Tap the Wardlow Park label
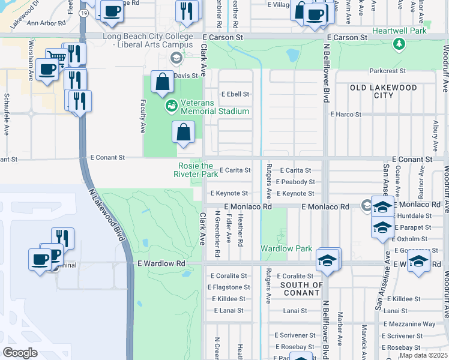point(278,248)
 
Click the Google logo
point(20,352)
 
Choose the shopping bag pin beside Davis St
point(163,82)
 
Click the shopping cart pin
point(56,58)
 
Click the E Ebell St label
point(235,94)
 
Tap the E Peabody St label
point(295,182)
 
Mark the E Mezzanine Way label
point(411,324)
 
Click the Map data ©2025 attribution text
point(423,355)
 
